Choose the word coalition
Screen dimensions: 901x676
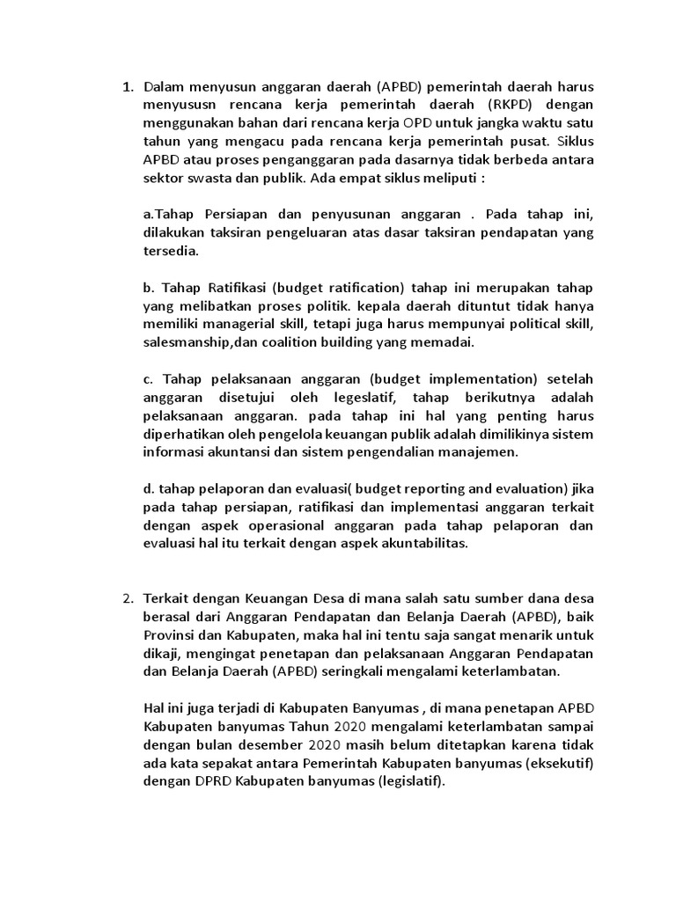click(317, 343)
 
